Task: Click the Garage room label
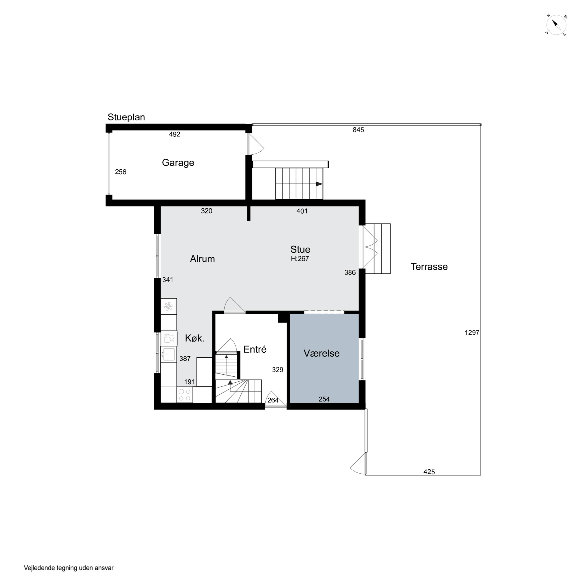(x=178, y=163)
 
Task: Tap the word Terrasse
(x=429, y=266)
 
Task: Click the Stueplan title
(x=126, y=117)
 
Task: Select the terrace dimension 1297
(x=472, y=333)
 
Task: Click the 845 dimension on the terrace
(x=358, y=130)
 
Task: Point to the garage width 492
(x=175, y=134)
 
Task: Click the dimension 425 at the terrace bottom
(x=429, y=472)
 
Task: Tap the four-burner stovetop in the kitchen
(x=185, y=395)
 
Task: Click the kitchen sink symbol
(x=168, y=355)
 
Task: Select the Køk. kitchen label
(x=195, y=338)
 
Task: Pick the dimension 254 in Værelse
(x=324, y=399)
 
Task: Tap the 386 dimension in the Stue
(x=350, y=273)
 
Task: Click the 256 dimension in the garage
(x=121, y=172)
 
